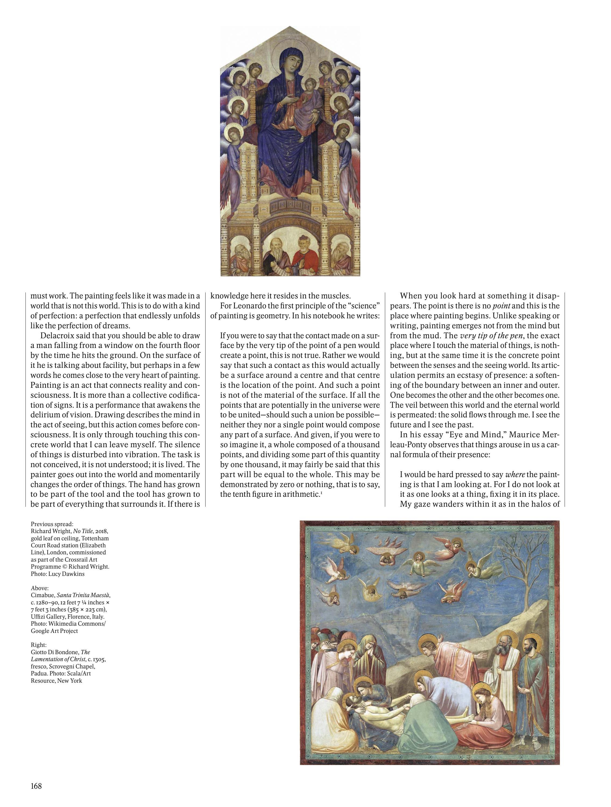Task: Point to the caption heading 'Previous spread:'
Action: pos(52,524)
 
